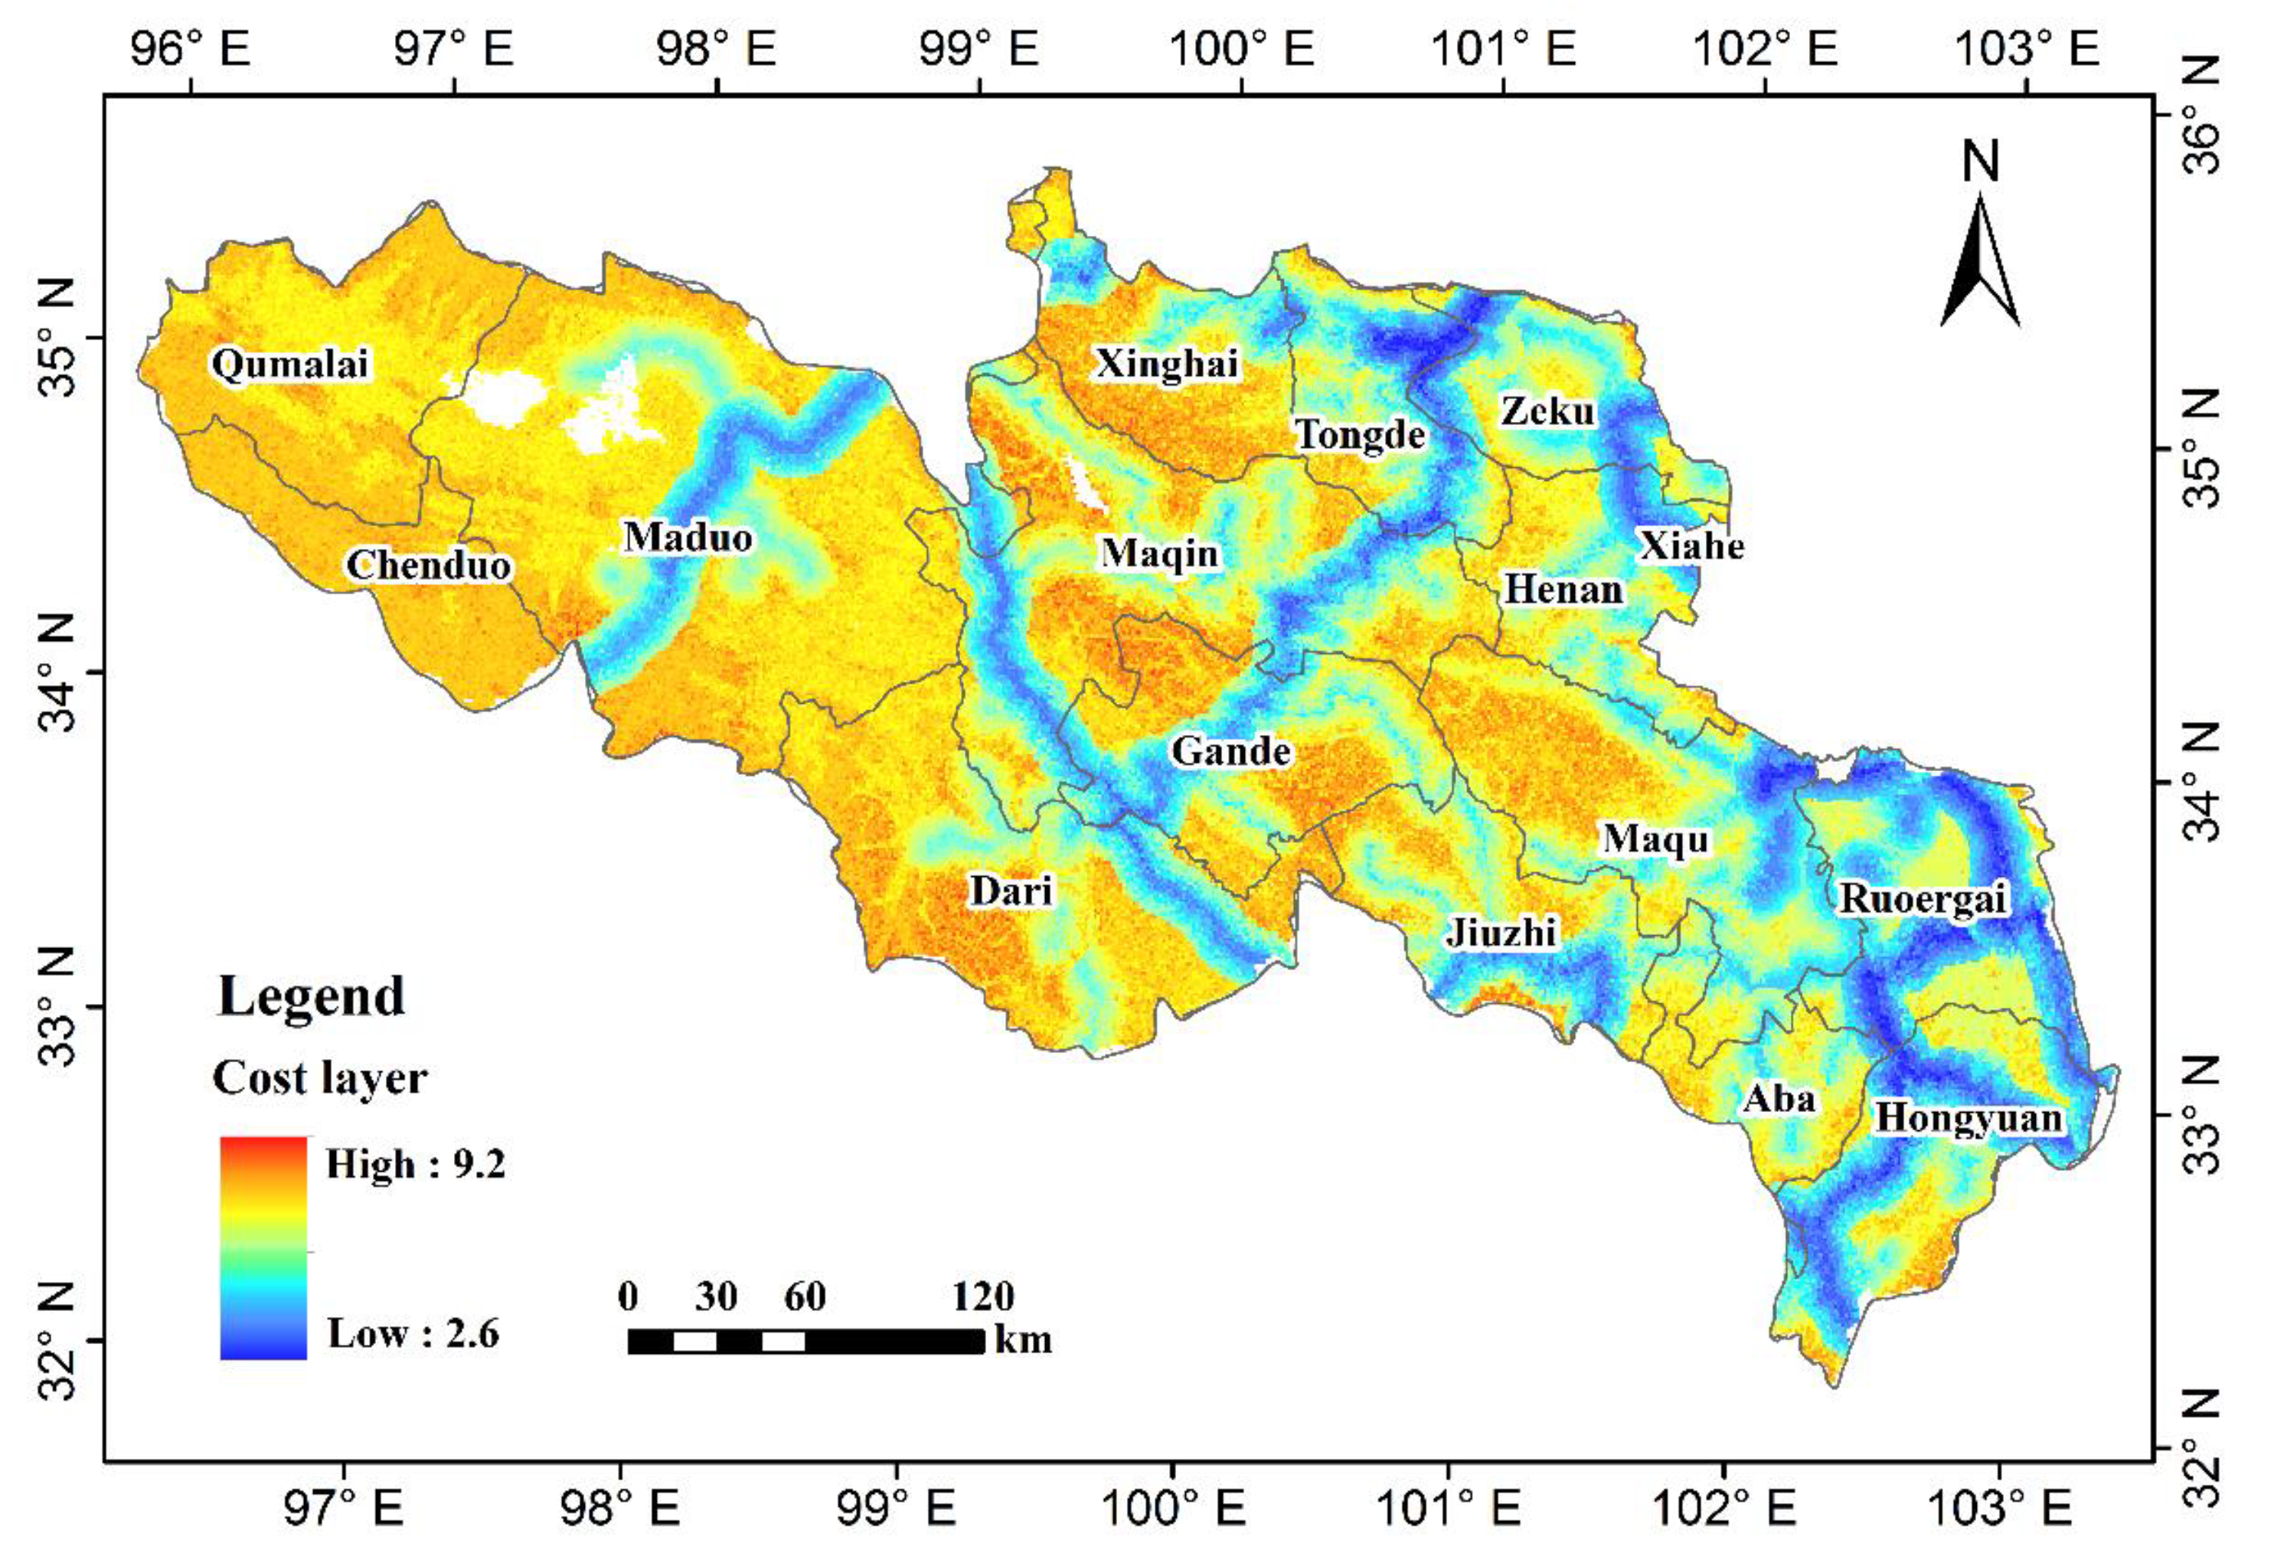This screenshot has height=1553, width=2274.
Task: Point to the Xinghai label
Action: coord(1166,363)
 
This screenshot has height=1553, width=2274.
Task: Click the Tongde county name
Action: coord(1360,433)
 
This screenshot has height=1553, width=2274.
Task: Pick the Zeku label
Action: coord(1547,411)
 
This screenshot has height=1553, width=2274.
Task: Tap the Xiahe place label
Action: coord(1691,545)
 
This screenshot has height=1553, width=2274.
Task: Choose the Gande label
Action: coord(1231,750)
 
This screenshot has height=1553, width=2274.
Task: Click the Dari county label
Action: coord(1011,891)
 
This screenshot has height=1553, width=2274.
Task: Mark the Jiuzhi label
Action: coord(1501,933)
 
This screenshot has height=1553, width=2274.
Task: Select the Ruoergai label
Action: coord(1923,898)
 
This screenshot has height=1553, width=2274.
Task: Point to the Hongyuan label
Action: coord(1968,1117)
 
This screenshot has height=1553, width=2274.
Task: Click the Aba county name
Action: coord(1779,1099)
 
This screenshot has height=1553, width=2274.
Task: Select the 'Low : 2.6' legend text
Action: coord(412,1332)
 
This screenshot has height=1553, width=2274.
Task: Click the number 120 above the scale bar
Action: coord(982,1296)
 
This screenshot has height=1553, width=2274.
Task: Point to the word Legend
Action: coord(310,996)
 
